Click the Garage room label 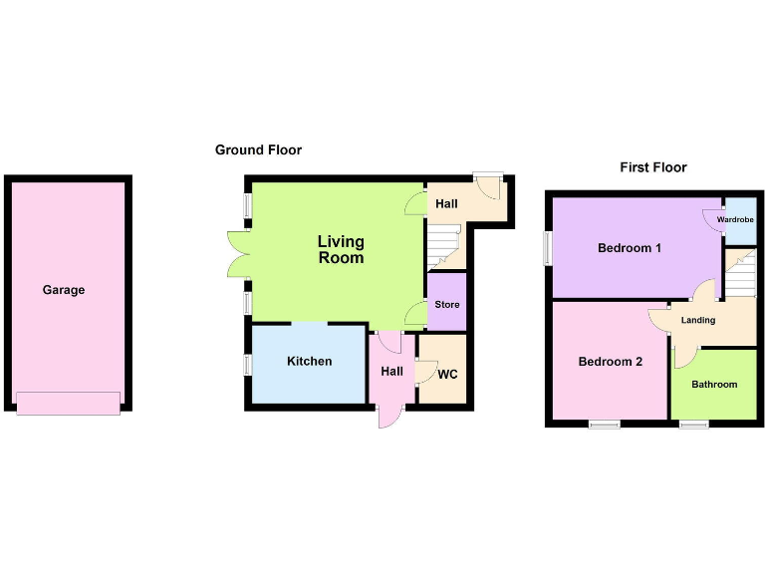[64, 290]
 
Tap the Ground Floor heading [258, 150]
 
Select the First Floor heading [653, 167]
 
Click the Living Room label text [341, 249]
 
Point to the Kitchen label [309, 361]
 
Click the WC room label [447, 375]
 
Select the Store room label [447, 304]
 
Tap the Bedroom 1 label [630, 248]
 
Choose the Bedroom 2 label [611, 362]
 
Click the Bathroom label [714, 385]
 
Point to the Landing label [697, 320]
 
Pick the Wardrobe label [735, 219]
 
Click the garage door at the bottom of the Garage [69, 403]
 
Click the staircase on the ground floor [445, 246]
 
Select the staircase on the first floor [739, 273]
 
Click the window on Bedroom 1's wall [546, 249]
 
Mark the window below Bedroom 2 [604, 426]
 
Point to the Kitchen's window [248, 365]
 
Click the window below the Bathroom [694, 426]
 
